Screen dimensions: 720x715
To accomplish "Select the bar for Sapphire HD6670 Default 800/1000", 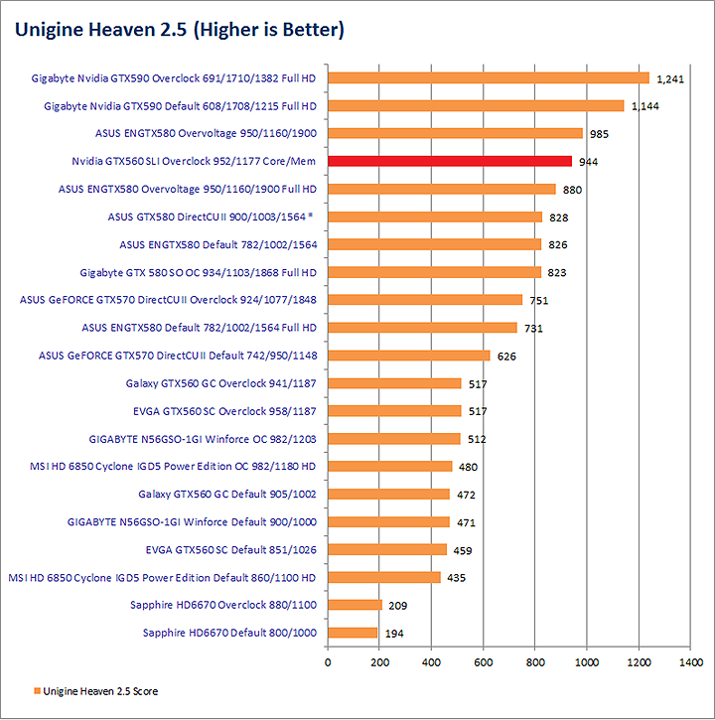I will (353, 633).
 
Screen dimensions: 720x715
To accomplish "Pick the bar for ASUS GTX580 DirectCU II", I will (435, 216).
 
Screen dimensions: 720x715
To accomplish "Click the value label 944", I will (589, 161).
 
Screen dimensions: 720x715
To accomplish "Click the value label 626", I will (506, 356).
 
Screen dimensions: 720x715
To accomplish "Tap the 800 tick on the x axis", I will (535, 660).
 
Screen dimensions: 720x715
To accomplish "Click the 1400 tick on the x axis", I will (690, 660).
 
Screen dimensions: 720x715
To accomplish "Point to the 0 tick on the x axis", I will (328, 660).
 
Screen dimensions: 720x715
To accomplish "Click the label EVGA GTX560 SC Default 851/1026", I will (230, 549).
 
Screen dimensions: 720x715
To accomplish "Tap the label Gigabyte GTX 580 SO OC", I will (198, 272).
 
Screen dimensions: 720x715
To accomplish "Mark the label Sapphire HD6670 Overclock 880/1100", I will (222, 605).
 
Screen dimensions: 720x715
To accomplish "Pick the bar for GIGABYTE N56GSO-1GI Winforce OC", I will (394, 439).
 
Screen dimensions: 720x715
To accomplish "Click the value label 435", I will (457, 577).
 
